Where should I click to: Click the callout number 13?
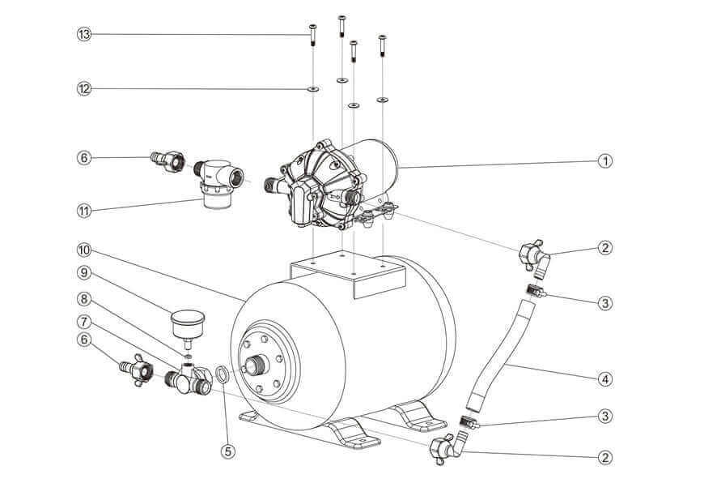point(83,34)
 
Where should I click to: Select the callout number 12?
point(83,88)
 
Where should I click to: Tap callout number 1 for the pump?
point(605,161)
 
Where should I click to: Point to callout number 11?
point(83,211)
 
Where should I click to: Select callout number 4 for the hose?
point(605,378)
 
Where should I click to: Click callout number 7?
point(83,322)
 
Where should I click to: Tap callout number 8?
point(83,297)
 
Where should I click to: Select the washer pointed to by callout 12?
point(312,88)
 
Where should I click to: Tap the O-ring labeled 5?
point(221,374)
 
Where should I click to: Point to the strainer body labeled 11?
point(216,183)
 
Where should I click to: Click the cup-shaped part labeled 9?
point(187,325)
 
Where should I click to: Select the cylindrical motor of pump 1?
point(375,162)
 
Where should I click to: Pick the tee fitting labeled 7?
point(191,379)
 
